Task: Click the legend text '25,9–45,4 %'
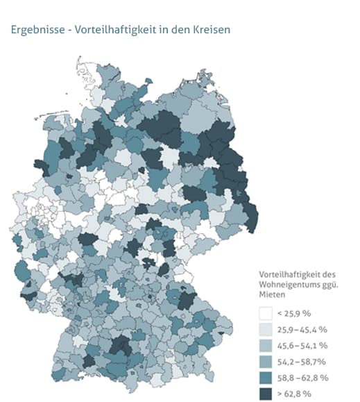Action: (x=304, y=329)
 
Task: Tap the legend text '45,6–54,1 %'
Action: (x=304, y=345)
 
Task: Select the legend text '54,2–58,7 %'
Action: (x=304, y=361)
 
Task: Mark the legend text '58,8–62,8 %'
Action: (x=304, y=377)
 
